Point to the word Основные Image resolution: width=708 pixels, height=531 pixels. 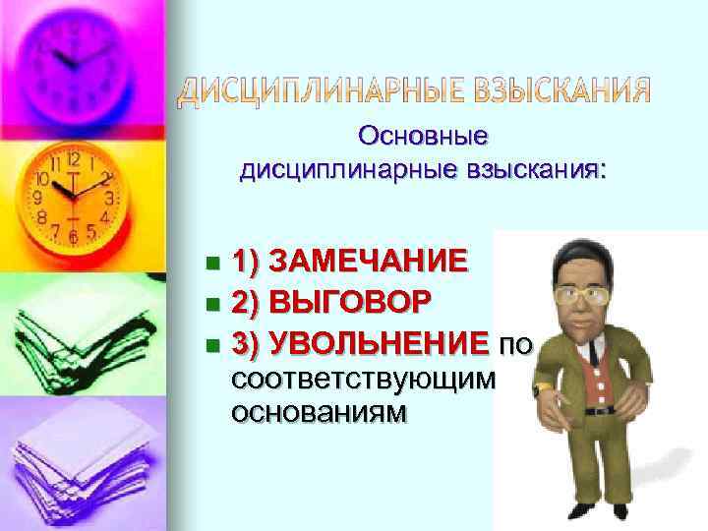[424, 134]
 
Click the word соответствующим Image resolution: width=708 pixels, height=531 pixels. [362, 379]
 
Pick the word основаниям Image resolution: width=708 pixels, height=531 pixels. [317, 413]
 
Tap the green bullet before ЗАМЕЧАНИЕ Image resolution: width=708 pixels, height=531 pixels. [212, 264]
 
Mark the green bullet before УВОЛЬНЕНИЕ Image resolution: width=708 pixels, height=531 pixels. [212, 344]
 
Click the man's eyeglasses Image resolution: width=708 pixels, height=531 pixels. [584, 295]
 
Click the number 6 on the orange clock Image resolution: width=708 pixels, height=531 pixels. [74, 237]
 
